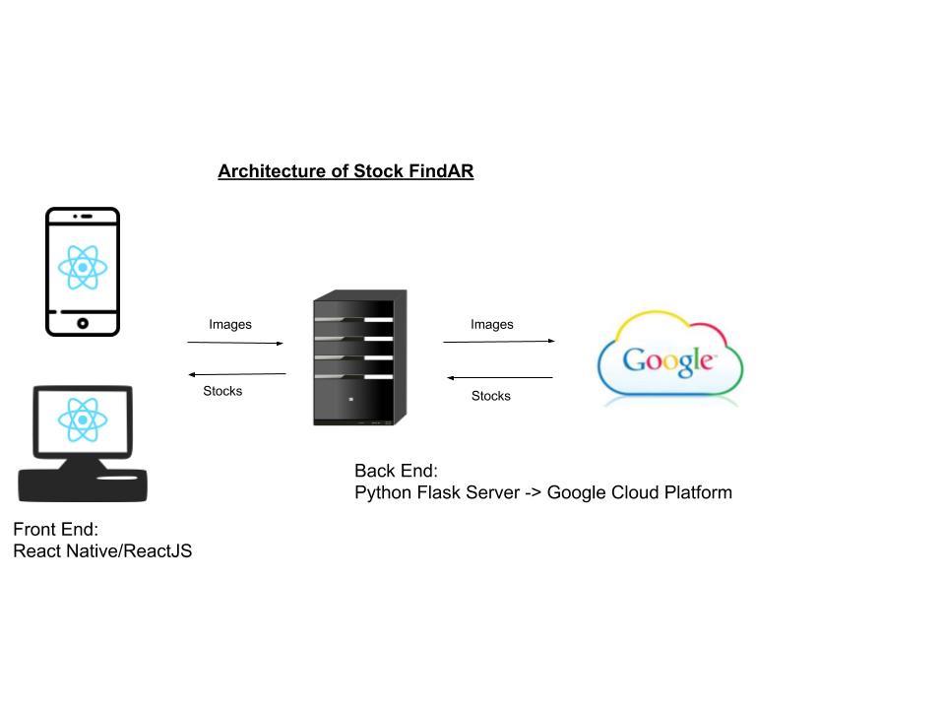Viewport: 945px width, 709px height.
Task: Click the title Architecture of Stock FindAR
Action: click(346, 171)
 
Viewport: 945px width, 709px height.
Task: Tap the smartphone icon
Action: click(83, 272)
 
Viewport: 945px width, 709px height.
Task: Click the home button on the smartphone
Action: click(83, 323)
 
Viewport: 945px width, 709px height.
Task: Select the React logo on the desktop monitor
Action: click(82, 419)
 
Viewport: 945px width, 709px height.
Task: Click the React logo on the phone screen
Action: click(82, 266)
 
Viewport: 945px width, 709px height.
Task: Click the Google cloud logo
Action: click(669, 360)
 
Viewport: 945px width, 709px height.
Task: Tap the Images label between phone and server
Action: click(230, 324)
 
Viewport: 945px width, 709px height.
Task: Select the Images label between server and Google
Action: click(492, 324)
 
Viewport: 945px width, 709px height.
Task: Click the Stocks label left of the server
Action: click(222, 391)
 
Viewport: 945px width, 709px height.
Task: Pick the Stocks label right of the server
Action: click(491, 396)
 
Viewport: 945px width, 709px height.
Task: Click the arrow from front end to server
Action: click(235, 343)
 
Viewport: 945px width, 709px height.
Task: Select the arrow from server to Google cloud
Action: click(499, 342)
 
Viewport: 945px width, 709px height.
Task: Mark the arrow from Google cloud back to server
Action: click(500, 377)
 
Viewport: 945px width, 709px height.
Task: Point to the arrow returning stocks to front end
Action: click(236, 374)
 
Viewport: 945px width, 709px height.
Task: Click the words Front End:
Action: click(56, 529)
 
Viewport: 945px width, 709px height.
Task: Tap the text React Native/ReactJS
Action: click(102, 550)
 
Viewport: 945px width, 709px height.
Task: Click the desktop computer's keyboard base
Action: click(83, 484)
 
